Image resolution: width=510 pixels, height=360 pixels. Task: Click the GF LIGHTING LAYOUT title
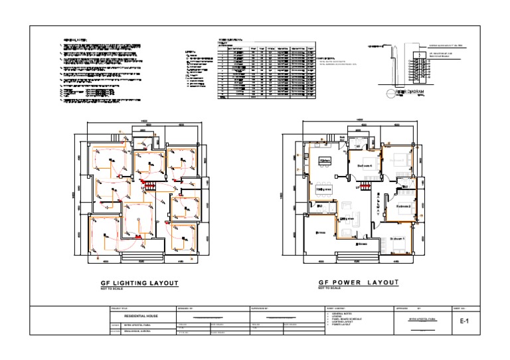[139, 283]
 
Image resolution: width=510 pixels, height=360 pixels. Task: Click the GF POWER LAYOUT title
[359, 283]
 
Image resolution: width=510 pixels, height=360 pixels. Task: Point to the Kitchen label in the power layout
[325, 161]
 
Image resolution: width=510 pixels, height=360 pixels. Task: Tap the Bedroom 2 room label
[404, 207]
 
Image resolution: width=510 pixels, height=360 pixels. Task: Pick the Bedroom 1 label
[397, 238]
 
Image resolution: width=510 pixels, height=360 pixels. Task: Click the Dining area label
[324, 189]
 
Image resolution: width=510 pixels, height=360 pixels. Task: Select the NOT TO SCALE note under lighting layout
[114, 290]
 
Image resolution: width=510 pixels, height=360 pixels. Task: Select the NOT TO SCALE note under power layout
[329, 289]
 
